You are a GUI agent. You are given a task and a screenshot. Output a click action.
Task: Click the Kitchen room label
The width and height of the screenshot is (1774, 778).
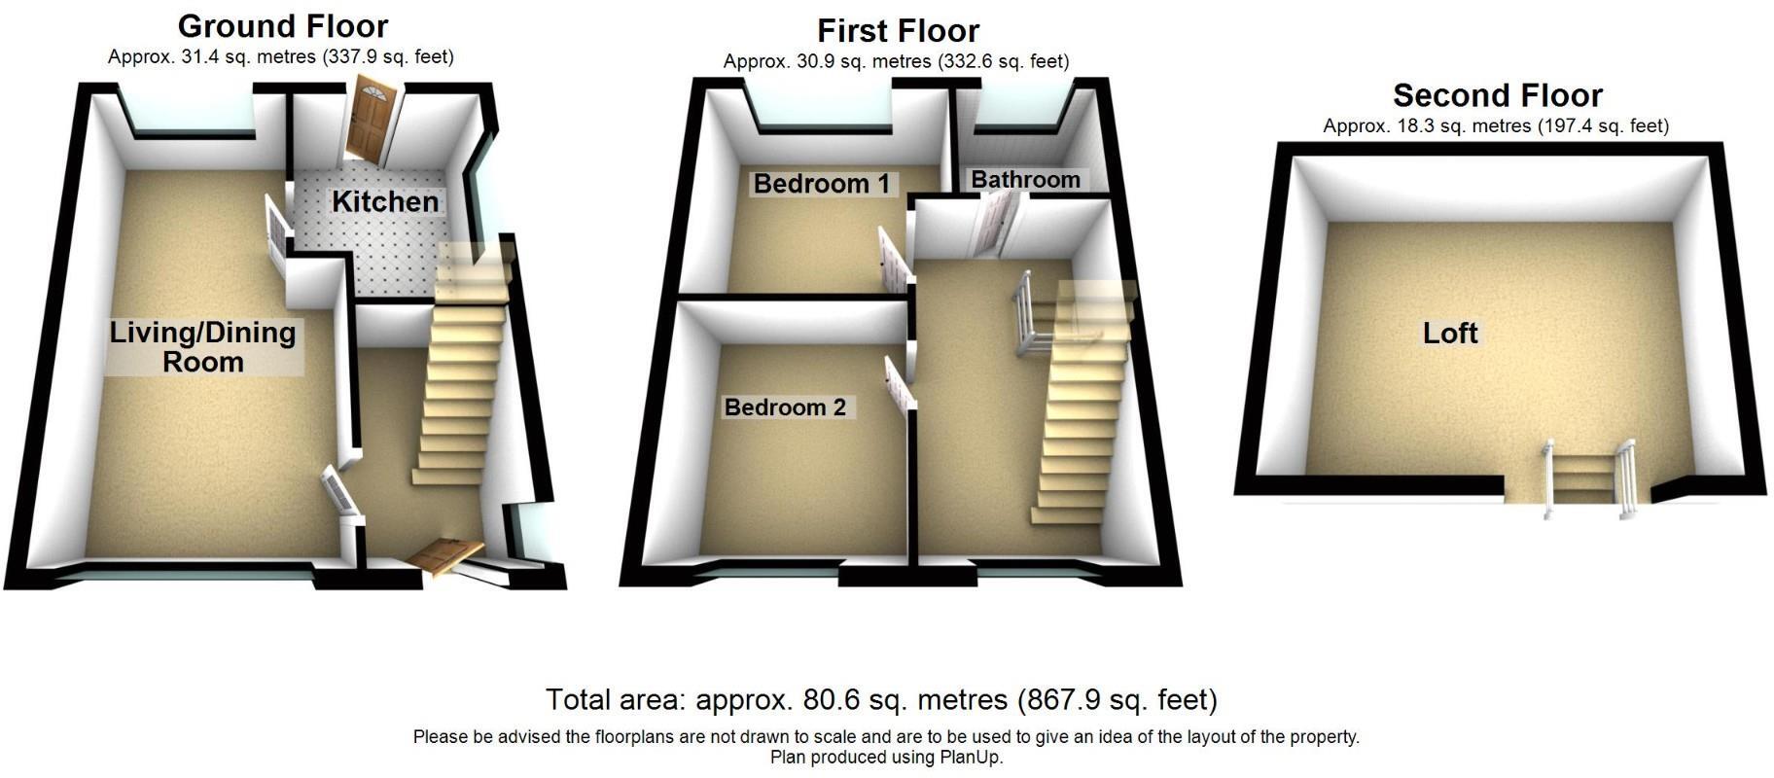[x=385, y=201]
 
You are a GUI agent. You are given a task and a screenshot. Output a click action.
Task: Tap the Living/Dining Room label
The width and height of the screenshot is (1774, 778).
[x=202, y=347]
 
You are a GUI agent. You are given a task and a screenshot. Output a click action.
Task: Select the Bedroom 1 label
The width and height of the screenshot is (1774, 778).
[x=821, y=183]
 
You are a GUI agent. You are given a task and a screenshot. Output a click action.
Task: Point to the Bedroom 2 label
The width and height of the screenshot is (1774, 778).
[x=785, y=407]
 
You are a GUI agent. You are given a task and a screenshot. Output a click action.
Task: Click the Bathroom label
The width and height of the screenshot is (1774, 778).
[x=1025, y=179]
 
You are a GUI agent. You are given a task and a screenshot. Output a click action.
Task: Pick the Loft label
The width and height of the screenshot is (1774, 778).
[x=1449, y=334]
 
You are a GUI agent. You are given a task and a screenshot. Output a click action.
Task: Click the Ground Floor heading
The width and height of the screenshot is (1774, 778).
[x=283, y=25]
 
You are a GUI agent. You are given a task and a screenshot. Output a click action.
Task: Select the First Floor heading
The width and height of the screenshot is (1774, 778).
[x=898, y=31]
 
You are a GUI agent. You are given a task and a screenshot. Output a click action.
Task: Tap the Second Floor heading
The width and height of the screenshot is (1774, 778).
[x=1497, y=95]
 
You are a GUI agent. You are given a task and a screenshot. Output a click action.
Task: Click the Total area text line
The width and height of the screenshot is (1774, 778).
[x=881, y=699]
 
